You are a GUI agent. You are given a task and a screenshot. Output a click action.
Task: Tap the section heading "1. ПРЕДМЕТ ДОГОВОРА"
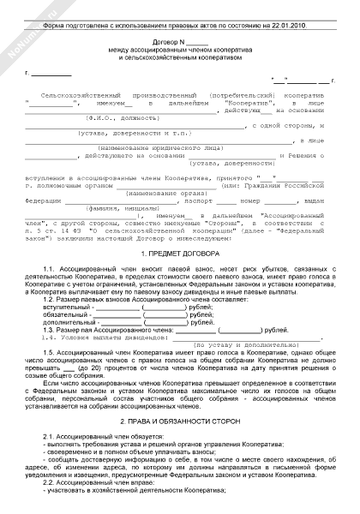pyautogui.click(x=180, y=254)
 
